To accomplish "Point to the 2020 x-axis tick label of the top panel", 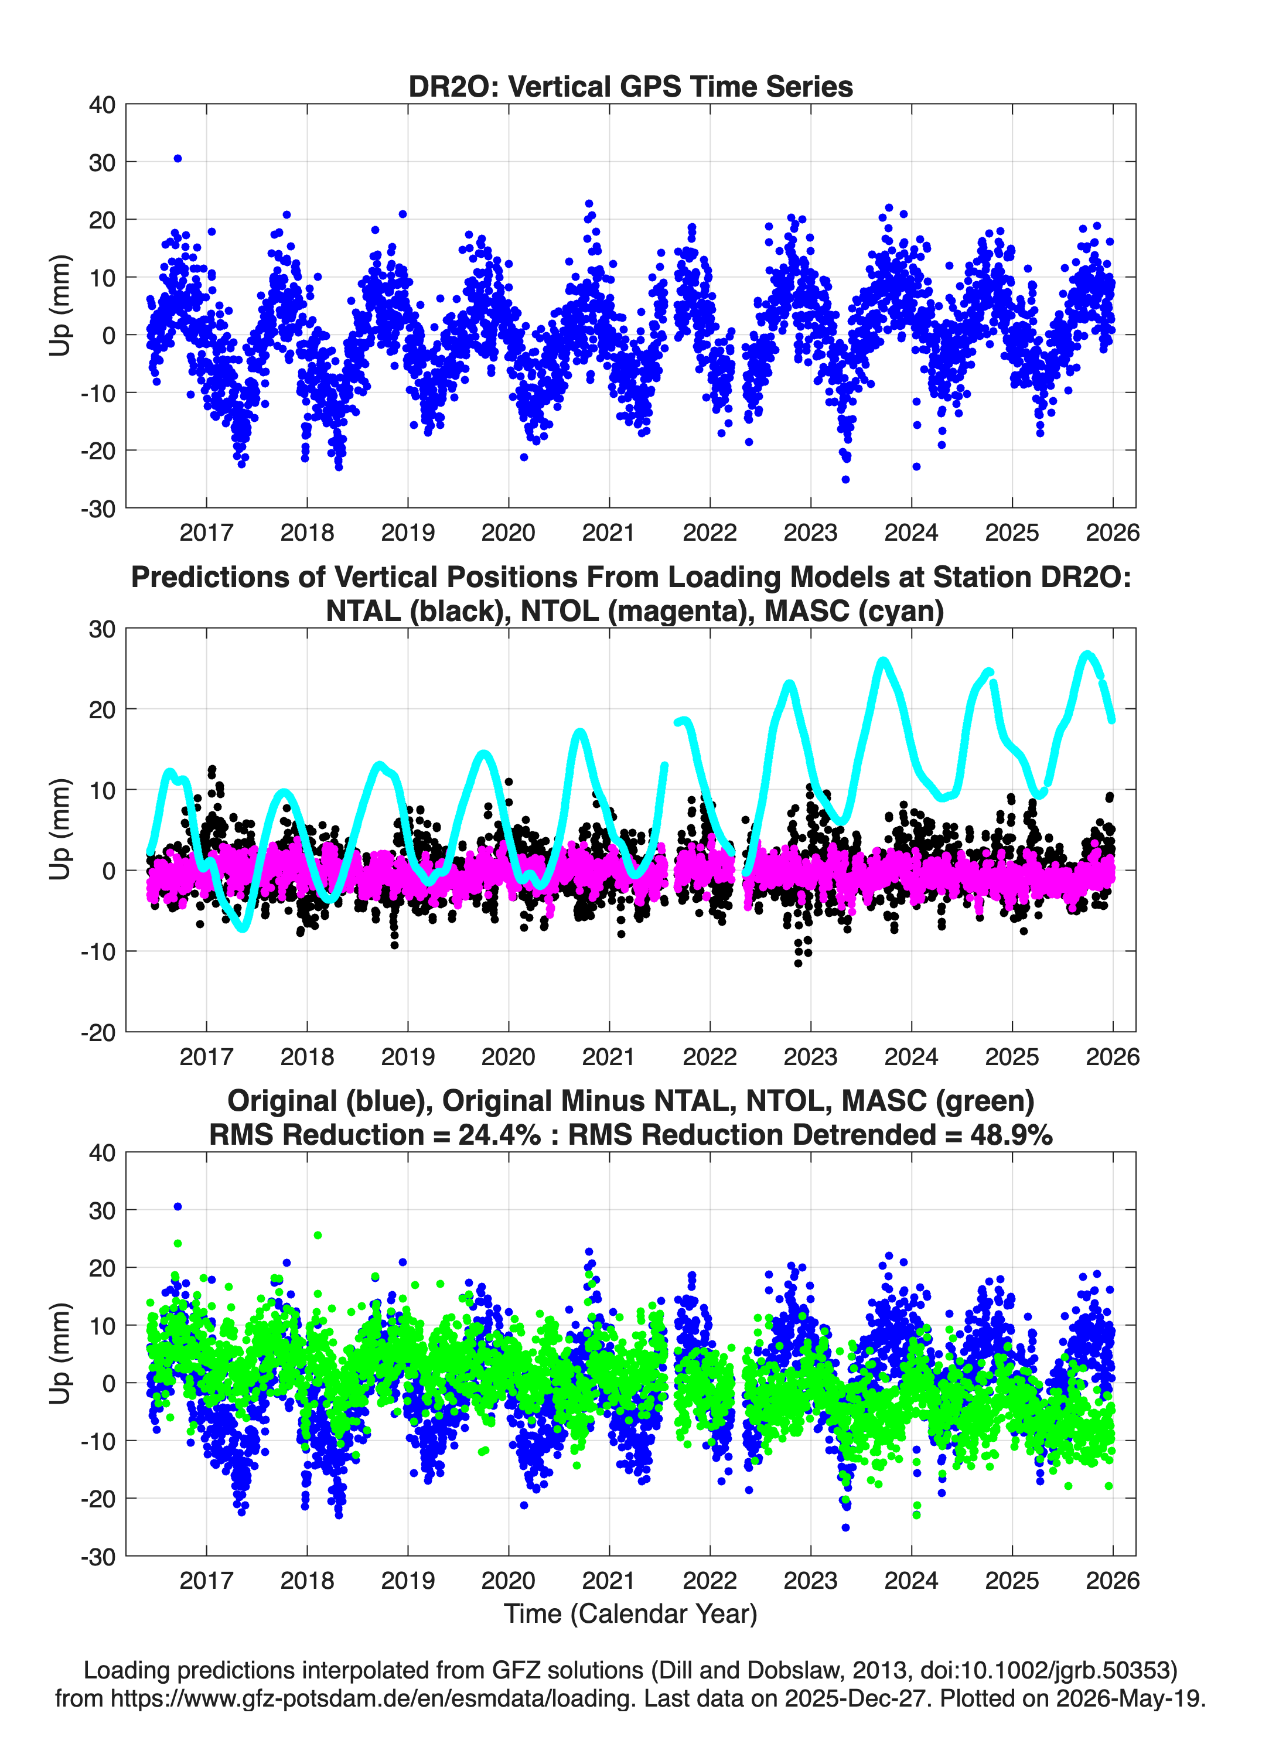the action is [x=509, y=533].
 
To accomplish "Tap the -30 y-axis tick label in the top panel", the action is [x=98, y=509].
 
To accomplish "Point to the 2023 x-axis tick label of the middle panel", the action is [x=810, y=1057].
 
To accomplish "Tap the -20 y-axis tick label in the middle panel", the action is [x=98, y=1033].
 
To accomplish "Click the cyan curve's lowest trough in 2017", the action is [x=244, y=928].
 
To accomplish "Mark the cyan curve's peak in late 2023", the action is [x=883, y=661].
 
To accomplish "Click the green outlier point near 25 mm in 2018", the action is [x=318, y=1236].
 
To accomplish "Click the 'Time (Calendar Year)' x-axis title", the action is [x=631, y=1614].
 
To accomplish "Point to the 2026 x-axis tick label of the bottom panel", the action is [x=1113, y=1581].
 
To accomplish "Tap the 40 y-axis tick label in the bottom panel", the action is [x=103, y=1153].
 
